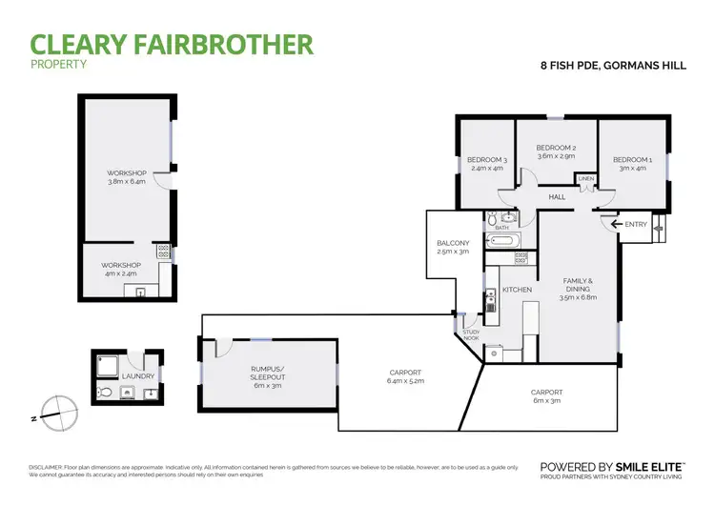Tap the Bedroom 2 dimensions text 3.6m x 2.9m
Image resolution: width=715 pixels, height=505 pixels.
click(555, 157)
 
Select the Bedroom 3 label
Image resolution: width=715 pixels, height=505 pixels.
click(486, 159)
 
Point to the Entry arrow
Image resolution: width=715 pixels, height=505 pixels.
click(619, 223)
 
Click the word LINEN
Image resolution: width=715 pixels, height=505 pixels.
click(585, 179)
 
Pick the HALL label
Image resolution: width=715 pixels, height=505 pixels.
click(557, 197)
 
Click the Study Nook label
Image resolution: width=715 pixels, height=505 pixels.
click(471, 334)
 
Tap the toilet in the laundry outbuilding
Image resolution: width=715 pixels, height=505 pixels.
click(102, 392)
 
